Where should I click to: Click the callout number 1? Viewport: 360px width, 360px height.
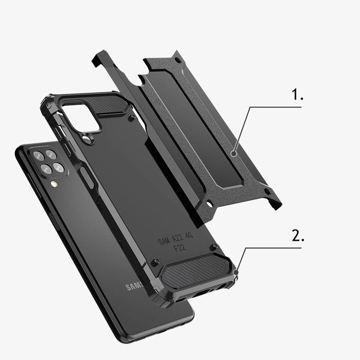[297, 95]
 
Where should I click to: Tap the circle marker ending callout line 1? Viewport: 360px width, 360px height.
[234, 153]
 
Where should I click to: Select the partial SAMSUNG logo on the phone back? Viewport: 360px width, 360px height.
[135, 286]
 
